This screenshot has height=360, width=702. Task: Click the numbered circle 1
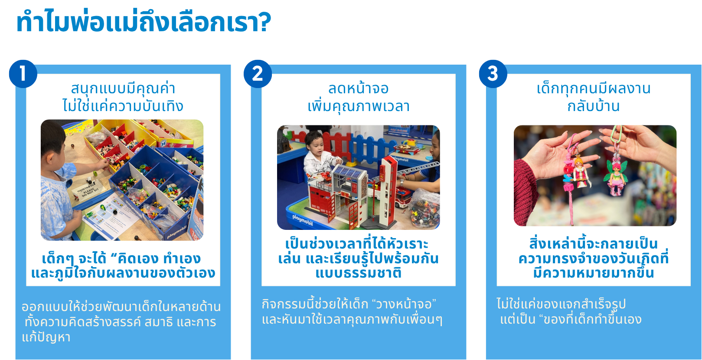pyautogui.click(x=23, y=74)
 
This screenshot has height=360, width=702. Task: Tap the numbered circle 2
pyautogui.click(x=258, y=74)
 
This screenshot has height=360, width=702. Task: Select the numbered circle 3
pyautogui.click(x=493, y=74)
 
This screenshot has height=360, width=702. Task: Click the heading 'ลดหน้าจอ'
pyautogui.click(x=358, y=88)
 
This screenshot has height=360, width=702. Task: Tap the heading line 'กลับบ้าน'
pyautogui.click(x=593, y=106)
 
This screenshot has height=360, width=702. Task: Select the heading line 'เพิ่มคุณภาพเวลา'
pyautogui.click(x=358, y=106)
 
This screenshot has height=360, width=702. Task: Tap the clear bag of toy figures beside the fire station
pyautogui.click(x=424, y=209)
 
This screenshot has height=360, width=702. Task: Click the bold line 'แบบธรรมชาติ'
pyautogui.click(x=358, y=273)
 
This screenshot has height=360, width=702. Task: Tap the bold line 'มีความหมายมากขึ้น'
pyautogui.click(x=593, y=272)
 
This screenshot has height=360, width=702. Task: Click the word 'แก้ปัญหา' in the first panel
pyautogui.click(x=46, y=337)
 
